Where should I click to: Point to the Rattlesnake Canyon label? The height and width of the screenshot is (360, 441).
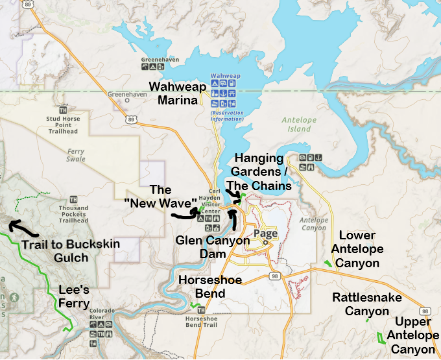pyautogui.click(x=367, y=304)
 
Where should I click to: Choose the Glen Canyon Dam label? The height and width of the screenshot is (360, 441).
pyautogui.click(x=213, y=246)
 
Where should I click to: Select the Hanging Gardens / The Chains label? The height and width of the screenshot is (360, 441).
pyautogui.click(x=259, y=172)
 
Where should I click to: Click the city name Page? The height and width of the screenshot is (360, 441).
pyautogui.click(x=266, y=234)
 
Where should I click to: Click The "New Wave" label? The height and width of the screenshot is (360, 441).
pyautogui.click(x=160, y=196)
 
